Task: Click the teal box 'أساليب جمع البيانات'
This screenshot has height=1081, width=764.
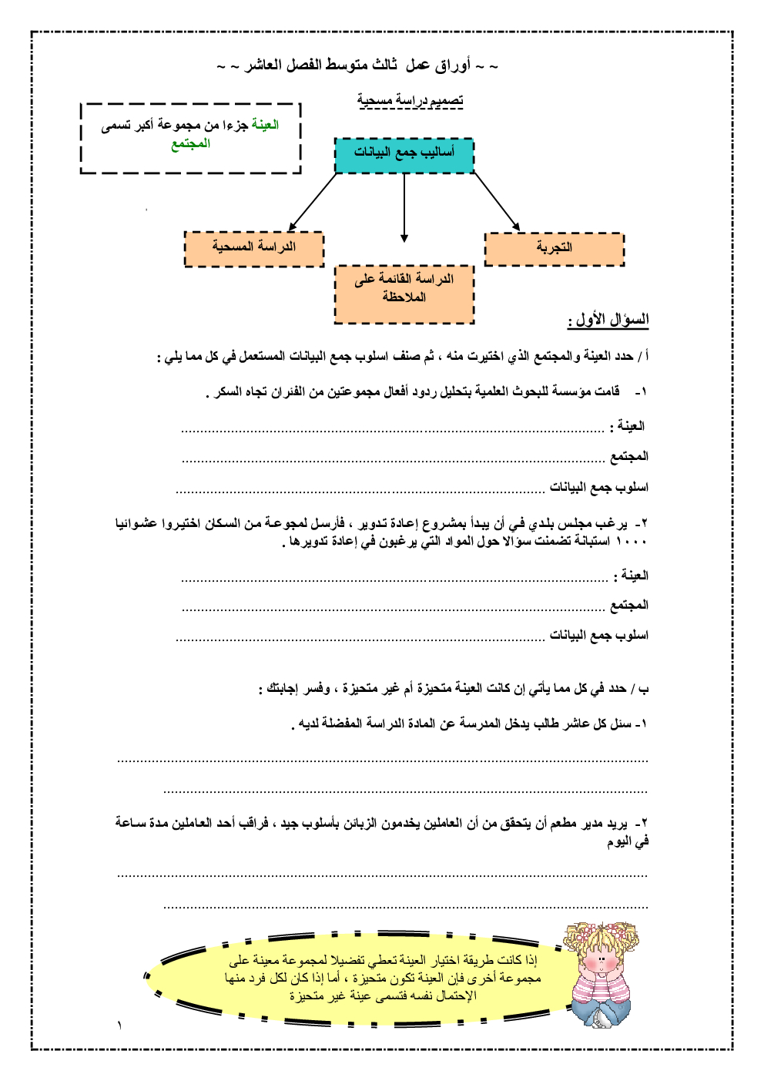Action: click(404, 153)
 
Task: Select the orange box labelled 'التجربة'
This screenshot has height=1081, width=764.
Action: click(554, 248)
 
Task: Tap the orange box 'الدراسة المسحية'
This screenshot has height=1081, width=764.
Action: click(254, 247)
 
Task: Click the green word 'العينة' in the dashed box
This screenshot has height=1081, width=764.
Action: click(265, 126)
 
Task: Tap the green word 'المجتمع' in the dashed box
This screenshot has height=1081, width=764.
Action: click(190, 144)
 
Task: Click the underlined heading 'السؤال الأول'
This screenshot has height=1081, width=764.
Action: click(608, 320)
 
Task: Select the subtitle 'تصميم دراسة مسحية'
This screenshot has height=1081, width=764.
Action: click(410, 100)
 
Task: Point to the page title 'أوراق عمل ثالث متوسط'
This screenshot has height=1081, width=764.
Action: click(358, 65)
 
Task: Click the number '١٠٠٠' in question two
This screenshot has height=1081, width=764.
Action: click(632, 542)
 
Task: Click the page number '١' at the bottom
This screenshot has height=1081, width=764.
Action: click(119, 1026)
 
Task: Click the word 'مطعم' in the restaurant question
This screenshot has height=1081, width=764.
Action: click(563, 824)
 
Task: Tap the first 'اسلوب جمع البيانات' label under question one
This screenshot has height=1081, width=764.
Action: click(598, 488)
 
